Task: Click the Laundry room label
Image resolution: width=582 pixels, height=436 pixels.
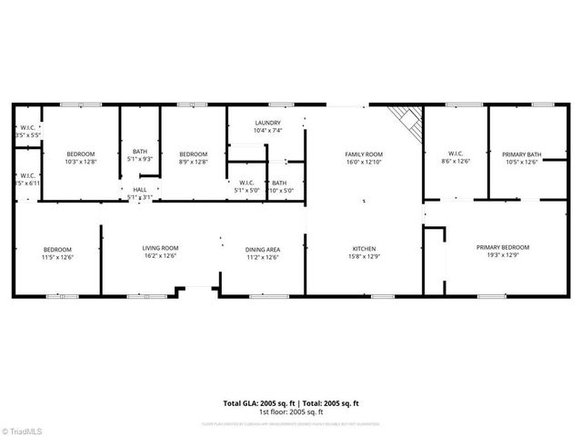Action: click(x=267, y=123)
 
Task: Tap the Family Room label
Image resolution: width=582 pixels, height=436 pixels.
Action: click(x=364, y=154)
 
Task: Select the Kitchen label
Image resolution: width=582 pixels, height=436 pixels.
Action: click(x=364, y=248)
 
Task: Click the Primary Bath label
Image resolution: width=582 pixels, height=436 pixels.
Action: click(x=522, y=154)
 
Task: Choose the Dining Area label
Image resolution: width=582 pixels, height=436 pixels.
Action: click(x=262, y=249)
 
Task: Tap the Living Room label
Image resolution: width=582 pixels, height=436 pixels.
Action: click(x=160, y=248)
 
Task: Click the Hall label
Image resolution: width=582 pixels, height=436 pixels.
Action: click(x=140, y=190)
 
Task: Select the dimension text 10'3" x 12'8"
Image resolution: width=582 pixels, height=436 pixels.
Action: click(x=80, y=163)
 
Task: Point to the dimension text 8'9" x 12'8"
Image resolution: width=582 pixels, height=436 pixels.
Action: click(x=193, y=163)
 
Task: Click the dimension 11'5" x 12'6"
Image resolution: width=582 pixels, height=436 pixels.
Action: click(x=58, y=257)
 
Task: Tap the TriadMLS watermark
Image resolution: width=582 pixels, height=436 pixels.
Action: click(x=25, y=427)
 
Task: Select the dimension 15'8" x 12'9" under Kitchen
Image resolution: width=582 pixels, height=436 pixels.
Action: click(x=364, y=257)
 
